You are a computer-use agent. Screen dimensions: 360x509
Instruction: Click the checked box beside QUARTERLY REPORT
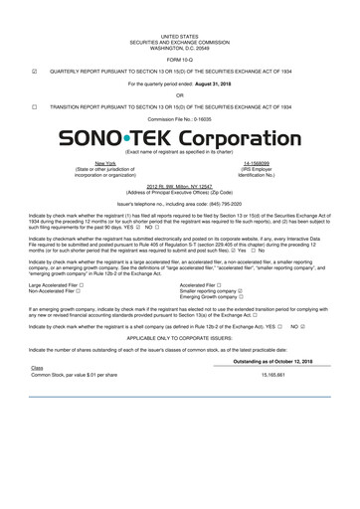pyautogui.click(x=35, y=72)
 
